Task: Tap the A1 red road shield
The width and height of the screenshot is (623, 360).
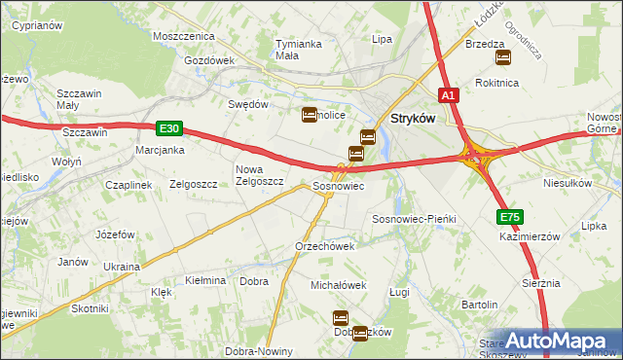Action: [448, 95]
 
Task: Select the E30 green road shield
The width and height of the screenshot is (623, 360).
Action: [167, 127]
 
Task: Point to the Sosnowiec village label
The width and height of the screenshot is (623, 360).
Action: [338, 186]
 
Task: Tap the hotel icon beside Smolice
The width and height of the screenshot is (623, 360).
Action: [310, 114]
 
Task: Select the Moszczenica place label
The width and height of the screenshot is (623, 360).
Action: [183, 36]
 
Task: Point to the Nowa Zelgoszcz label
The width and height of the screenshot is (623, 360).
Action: [259, 175]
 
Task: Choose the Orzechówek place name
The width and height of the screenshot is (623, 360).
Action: [324, 246]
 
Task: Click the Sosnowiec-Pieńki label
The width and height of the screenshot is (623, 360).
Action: [415, 220]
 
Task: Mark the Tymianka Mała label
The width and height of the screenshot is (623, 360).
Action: [299, 50]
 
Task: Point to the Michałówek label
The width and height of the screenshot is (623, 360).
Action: [338, 285]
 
